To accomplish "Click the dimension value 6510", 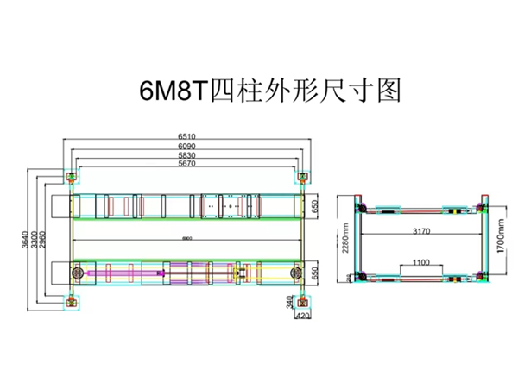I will (x=187, y=136).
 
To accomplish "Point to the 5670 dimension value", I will (x=187, y=163).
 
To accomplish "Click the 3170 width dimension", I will (x=422, y=231).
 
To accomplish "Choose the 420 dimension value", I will (x=302, y=316).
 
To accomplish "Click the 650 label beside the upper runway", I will (x=316, y=206).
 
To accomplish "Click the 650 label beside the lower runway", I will (x=316, y=273).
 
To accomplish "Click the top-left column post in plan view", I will (x=69, y=178).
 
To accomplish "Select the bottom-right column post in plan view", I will (x=302, y=301).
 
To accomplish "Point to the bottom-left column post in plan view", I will (x=69, y=301).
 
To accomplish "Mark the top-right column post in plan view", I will (x=302, y=178).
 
